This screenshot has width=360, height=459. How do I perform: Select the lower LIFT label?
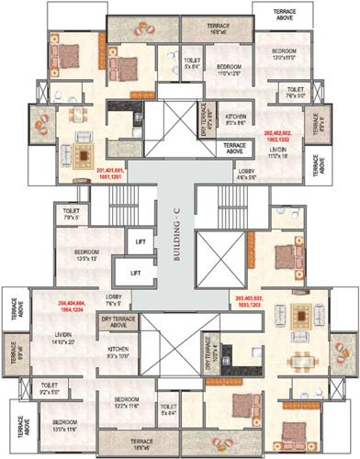135,273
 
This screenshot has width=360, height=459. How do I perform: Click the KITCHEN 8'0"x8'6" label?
236,120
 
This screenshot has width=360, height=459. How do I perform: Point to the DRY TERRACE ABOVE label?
118,322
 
